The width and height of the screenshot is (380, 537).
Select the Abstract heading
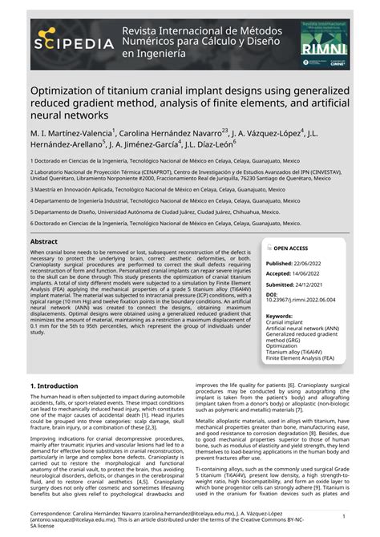click(x=44, y=241)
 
